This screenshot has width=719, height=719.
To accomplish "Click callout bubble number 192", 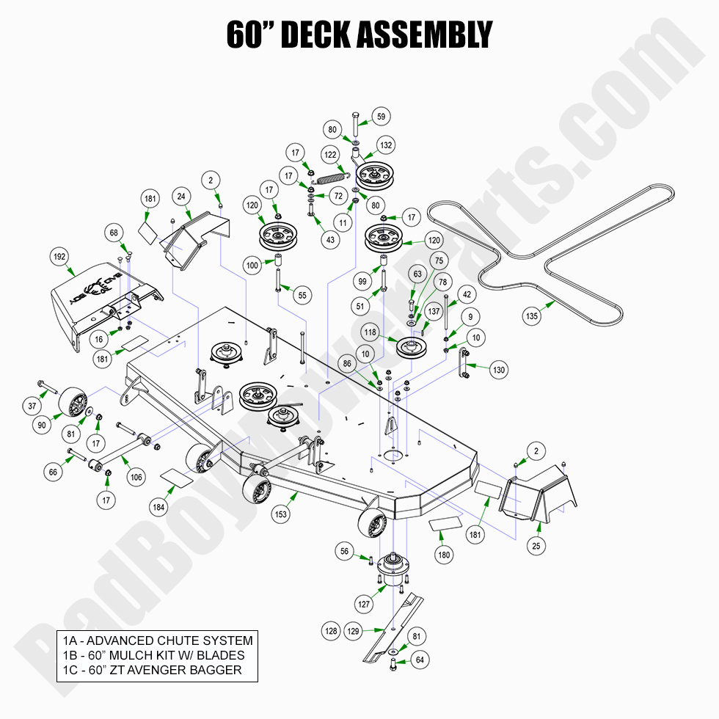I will pyautogui.click(x=59, y=258).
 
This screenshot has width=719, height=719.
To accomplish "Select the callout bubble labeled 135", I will pyautogui.click(x=531, y=316).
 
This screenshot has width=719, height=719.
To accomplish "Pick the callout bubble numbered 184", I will pyautogui.click(x=158, y=506).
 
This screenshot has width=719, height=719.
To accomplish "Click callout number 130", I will pyautogui.click(x=499, y=371).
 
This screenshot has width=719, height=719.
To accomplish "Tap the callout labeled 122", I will pyautogui.click(x=331, y=156).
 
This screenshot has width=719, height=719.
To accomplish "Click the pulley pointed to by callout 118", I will pyautogui.click(x=412, y=346).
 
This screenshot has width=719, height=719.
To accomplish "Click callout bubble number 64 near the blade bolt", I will pyautogui.click(x=419, y=659).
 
